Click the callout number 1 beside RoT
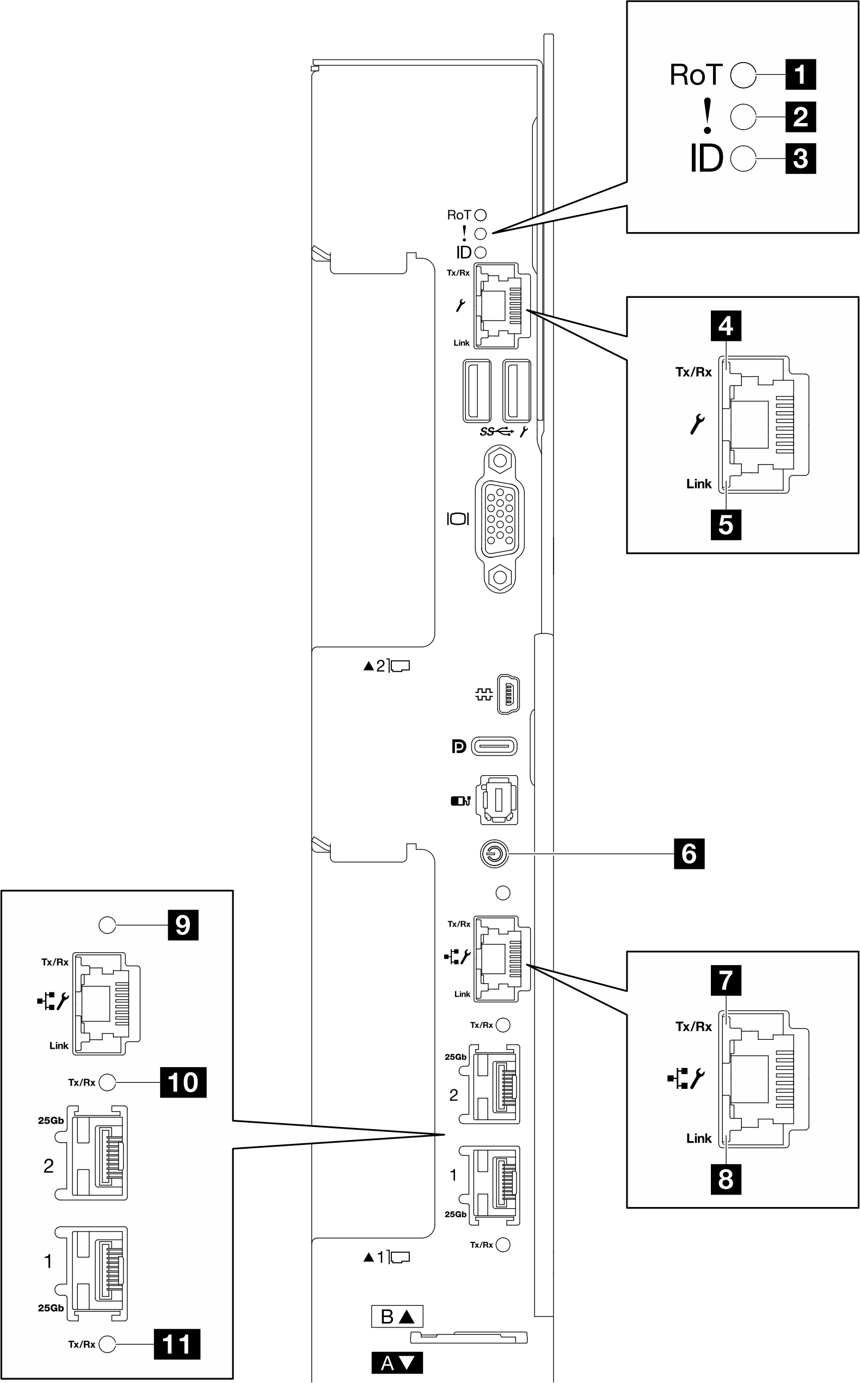(x=800, y=75)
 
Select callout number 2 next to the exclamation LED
(x=800, y=117)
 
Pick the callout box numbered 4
(x=725, y=326)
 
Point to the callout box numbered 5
(x=725, y=525)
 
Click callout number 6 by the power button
(x=689, y=854)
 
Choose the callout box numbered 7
(x=725, y=980)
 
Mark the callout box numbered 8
(x=725, y=1179)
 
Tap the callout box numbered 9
(x=182, y=925)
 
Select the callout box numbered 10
(x=182, y=1082)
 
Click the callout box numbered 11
(x=177, y=1345)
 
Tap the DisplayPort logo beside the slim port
(x=458, y=746)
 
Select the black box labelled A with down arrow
(x=397, y=1363)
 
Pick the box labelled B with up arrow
(x=397, y=1317)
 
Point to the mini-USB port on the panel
(x=508, y=694)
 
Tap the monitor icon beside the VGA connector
(x=457, y=519)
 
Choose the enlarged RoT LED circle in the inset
(x=743, y=75)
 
